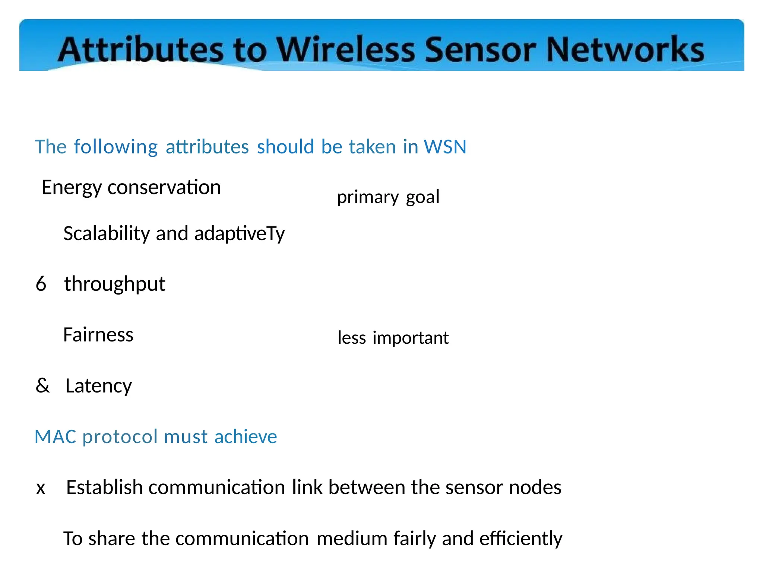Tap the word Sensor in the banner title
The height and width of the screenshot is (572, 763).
tap(481, 50)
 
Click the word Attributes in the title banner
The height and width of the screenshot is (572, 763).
tap(141, 50)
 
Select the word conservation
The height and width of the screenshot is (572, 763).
tap(164, 187)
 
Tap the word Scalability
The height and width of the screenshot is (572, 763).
tap(107, 234)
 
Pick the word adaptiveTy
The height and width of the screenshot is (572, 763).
tap(240, 234)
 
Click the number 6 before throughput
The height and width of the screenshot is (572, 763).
tap(41, 284)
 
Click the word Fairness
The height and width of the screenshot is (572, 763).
tap(98, 334)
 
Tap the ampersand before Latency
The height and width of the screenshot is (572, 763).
tap(42, 385)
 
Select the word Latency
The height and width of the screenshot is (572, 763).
tap(98, 386)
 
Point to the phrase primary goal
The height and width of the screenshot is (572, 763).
tap(388, 197)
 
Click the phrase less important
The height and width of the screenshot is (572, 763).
tap(393, 338)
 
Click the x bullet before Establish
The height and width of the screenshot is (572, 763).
tap(41, 488)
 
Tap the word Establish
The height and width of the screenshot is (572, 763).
tap(104, 487)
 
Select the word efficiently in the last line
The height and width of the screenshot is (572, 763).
tap(520, 539)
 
